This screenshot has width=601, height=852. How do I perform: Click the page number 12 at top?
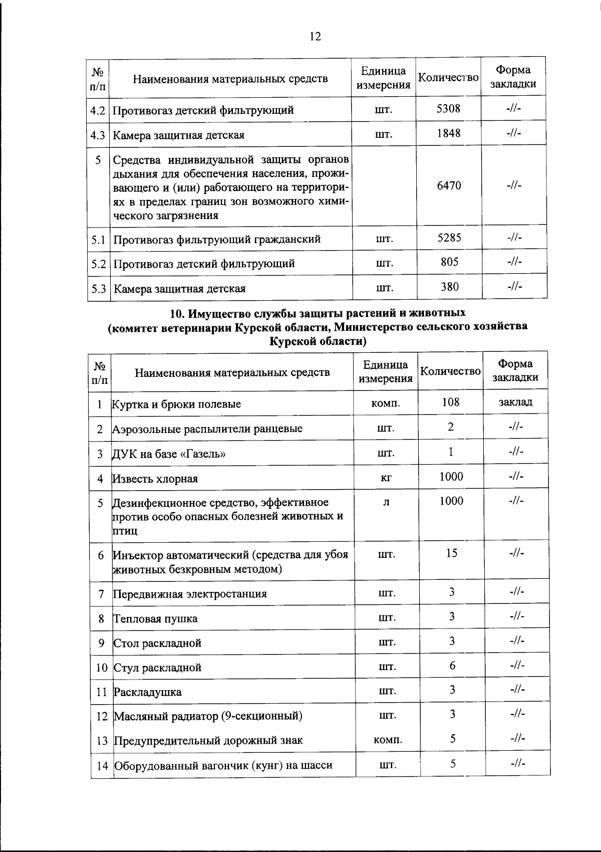(x=315, y=37)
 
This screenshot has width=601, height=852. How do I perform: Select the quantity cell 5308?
(x=448, y=108)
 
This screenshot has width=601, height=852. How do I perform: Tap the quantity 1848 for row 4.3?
(x=448, y=133)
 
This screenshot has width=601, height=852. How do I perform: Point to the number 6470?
(x=449, y=185)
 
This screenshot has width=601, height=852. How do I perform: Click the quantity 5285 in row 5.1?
(x=449, y=238)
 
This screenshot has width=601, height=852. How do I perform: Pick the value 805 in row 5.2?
(x=449, y=262)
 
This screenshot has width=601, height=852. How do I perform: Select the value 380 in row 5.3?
(x=449, y=287)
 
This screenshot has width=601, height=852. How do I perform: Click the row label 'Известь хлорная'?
(x=155, y=479)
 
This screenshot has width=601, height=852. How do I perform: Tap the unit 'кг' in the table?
(x=386, y=478)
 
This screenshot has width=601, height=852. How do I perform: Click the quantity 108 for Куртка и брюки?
(x=451, y=402)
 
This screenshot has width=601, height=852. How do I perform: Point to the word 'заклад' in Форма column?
(x=515, y=402)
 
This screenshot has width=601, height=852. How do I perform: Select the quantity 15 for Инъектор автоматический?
(x=451, y=553)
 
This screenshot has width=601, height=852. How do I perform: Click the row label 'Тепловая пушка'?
(x=156, y=618)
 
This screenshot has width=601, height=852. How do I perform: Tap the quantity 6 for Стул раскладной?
(x=452, y=666)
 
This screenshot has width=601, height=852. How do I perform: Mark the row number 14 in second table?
(x=102, y=765)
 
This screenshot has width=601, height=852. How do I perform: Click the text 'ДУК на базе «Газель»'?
(x=169, y=454)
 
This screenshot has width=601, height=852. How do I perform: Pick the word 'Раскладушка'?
(x=148, y=692)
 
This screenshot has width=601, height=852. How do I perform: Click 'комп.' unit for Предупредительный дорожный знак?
(x=388, y=740)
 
